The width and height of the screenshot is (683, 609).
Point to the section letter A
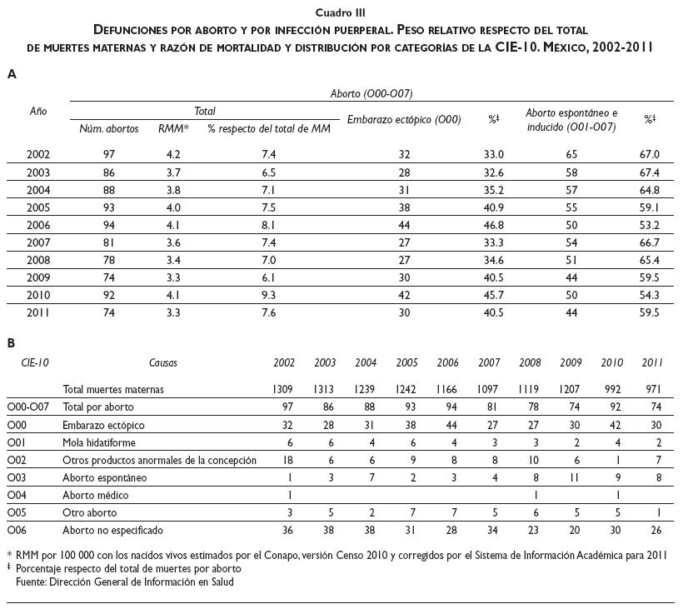pos(12,74)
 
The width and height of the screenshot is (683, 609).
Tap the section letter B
pos(12,343)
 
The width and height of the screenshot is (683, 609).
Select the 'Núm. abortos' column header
pos(109,128)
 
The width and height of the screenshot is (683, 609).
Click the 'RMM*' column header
pos(173,128)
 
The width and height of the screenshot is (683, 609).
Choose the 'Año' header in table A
pos(38,111)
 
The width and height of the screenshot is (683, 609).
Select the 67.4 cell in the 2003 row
pos(649,172)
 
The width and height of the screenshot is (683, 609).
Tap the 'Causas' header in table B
pos(163,363)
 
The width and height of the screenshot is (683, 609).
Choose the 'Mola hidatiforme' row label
pos(99,442)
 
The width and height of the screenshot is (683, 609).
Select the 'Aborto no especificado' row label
pos(113,530)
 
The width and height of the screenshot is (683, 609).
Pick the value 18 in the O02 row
pos(285,460)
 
